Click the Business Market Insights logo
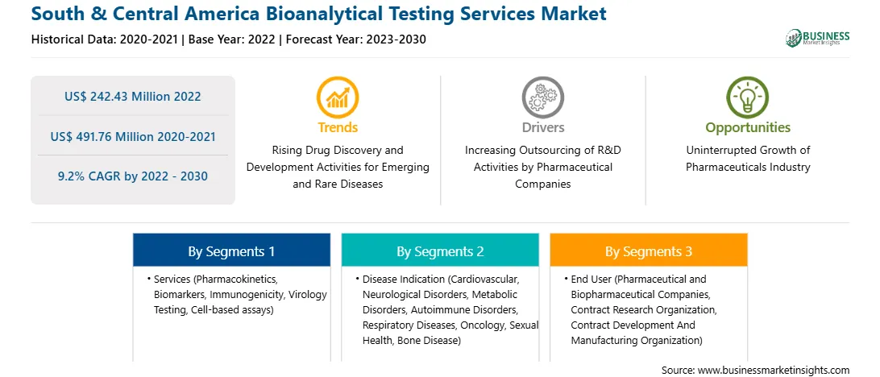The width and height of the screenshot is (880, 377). pyautogui.click(x=818, y=38)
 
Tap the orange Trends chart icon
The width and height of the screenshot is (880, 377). pyautogui.click(x=338, y=97)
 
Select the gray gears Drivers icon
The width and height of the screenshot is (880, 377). pyautogui.click(x=542, y=97)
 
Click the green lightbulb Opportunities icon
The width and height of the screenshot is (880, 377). pyautogui.click(x=748, y=97)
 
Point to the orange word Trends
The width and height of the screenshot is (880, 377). pyautogui.click(x=338, y=127)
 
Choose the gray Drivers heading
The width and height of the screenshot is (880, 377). pyautogui.click(x=542, y=127)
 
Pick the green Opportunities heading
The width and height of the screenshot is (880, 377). pyautogui.click(x=748, y=128)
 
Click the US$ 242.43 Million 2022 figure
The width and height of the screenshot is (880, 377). pyautogui.click(x=132, y=96)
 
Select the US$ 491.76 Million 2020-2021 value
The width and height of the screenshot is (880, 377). pyautogui.click(x=132, y=136)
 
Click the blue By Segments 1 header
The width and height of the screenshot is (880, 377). pyautogui.click(x=231, y=251)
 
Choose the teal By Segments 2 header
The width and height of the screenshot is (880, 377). pyautogui.click(x=440, y=251)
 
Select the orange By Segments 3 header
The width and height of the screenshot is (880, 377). pyautogui.click(x=648, y=251)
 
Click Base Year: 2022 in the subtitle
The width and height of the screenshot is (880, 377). pyautogui.click(x=232, y=39)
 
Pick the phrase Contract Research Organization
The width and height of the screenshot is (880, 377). pyautogui.click(x=643, y=309)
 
